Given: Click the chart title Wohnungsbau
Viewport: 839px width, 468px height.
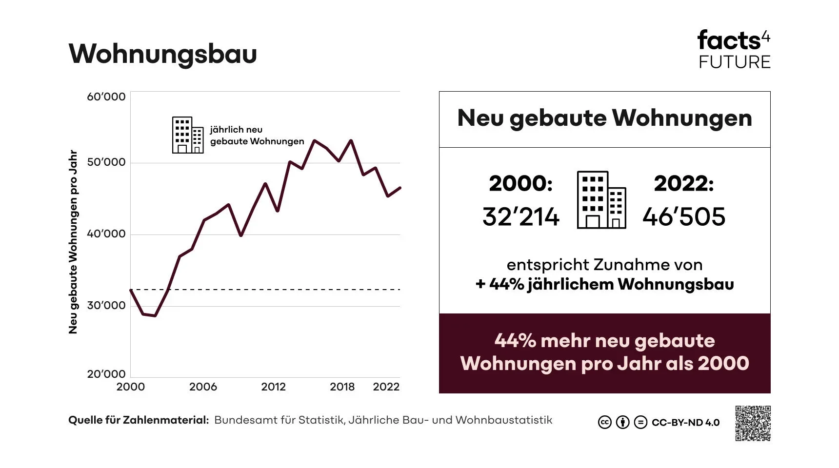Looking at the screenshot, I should click(x=162, y=54).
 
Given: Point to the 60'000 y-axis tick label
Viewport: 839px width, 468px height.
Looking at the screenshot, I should click(x=106, y=97).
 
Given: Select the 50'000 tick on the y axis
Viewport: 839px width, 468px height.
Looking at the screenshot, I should click(x=106, y=162).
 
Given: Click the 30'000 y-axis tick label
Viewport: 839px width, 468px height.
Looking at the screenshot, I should click(x=106, y=306).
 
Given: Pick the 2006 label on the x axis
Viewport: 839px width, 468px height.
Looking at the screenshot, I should click(x=203, y=387).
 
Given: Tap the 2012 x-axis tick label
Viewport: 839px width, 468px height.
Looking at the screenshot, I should click(x=273, y=387).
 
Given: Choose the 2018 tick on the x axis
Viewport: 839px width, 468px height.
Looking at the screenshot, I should click(x=342, y=387).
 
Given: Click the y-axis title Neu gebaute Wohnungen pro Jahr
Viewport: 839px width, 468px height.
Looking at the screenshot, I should click(x=74, y=242).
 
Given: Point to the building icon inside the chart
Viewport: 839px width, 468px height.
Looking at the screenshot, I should click(x=188, y=135).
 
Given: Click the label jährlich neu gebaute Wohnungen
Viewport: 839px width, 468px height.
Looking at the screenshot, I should click(x=257, y=136).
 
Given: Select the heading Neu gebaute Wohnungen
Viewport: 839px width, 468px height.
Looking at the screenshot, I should click(x=604, y=118).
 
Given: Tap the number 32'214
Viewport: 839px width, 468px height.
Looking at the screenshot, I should click(x=520, y=217).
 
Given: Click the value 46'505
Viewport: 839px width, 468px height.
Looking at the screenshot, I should click(x=684, y=217).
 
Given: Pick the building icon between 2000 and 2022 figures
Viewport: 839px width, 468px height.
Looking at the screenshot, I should click(x=601, y=200).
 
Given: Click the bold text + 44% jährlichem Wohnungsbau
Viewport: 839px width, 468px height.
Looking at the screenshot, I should click(x=604, y=284).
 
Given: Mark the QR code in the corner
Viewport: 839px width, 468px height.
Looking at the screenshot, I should click(x=753, y=423).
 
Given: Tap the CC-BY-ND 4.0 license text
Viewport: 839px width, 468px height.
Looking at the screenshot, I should click(x=685, y=423).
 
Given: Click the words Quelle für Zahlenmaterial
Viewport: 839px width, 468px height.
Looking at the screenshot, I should click(x=139, y=420).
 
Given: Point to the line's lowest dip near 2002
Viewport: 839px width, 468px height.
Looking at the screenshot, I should click(x=155, y=315).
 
